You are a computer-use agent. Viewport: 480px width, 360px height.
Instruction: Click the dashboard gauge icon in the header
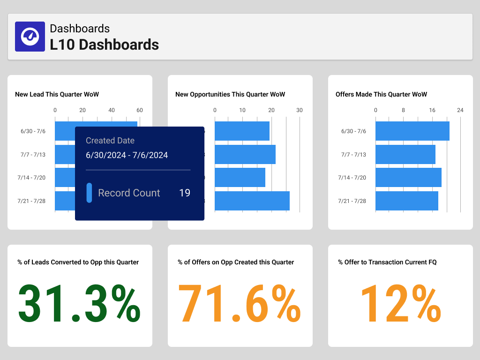point(30,37)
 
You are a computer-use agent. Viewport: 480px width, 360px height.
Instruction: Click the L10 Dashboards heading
point(104,45)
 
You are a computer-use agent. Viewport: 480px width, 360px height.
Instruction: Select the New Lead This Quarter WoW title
point(57,94)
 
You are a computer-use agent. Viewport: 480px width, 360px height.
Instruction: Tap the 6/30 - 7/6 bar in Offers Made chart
point(412,131)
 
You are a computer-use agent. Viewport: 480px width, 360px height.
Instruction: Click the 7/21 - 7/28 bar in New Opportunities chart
point(252,201)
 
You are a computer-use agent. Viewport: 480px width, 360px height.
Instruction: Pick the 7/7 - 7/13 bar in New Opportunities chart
point(245,154)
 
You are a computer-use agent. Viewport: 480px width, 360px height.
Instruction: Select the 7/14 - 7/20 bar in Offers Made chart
point(408,178)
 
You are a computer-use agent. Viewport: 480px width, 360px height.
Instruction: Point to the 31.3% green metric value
point(79,304)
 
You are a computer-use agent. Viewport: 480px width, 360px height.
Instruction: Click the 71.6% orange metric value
point(240,304)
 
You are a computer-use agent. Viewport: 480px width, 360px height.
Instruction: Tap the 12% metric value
point(400,304)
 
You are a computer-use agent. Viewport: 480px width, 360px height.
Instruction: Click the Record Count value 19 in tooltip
point(185,193)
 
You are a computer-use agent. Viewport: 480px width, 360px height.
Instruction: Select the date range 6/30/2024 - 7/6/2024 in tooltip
point(127,155)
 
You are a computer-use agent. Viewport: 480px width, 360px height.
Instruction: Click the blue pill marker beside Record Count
point(89,193)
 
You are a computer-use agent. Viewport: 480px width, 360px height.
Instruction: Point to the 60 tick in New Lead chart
point(140,110)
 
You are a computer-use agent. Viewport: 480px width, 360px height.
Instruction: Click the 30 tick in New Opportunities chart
point(300,110)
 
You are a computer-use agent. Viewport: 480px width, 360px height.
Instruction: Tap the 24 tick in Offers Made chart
point(460,110)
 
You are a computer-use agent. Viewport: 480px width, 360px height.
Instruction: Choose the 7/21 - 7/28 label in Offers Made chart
point(352,201)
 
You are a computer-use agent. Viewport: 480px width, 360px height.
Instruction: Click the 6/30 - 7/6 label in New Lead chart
point(33,131)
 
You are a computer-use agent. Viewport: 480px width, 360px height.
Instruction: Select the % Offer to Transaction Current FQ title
point(387,262)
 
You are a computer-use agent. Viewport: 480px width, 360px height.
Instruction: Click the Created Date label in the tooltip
point(110,141)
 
